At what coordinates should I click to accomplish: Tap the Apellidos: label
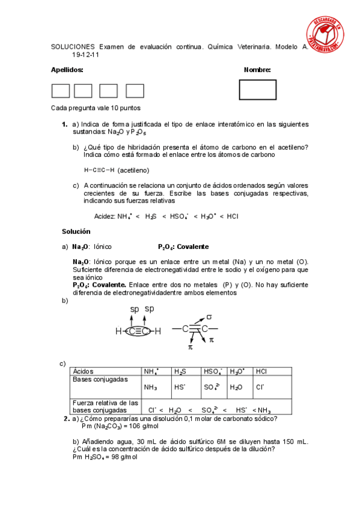tap(67, 70)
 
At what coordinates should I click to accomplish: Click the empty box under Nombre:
tap(257, 90)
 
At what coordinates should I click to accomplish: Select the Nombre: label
tap(257, 70)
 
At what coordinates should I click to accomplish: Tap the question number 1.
tap(64, 124)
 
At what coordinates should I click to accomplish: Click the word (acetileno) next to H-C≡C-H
tap(133, 170)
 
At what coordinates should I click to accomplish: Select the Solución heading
tap(76, 231)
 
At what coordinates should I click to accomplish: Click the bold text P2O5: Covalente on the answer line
tap(183, 247)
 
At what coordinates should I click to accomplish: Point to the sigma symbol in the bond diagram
tap(209, 316)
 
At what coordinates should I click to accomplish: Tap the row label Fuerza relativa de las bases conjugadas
tap(106, 406)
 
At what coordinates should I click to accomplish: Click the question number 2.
tap(66, 419)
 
